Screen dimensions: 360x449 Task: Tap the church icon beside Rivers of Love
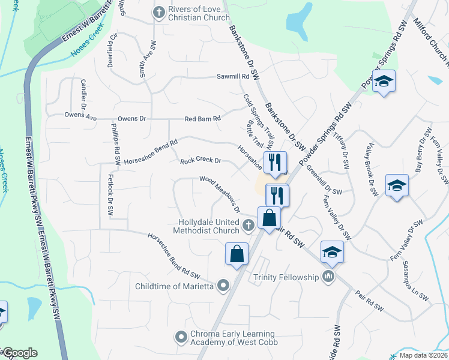pos(159,11)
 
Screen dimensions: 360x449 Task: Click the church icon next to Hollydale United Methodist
pos(250,226)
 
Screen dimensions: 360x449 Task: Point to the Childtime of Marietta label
pos(175,286)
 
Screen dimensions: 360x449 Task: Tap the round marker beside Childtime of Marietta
pos(224,286)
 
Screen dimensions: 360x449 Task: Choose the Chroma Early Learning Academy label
pos(233,338)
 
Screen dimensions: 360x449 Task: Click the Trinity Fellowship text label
pos(285,277)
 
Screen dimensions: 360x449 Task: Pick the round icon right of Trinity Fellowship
pos(328,277)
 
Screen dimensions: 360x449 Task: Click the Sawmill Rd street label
pos(233,77)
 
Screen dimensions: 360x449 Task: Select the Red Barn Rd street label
pos(203,119)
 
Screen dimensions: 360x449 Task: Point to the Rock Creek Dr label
pos(201,161)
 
